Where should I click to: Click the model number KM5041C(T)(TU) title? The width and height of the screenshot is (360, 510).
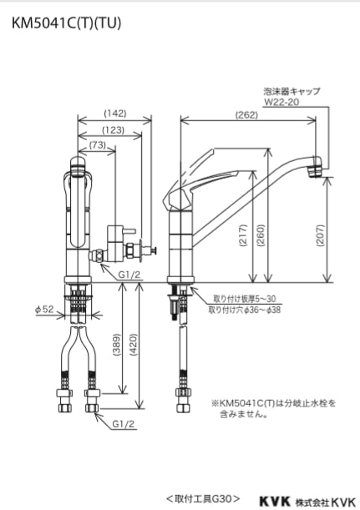[67, 23]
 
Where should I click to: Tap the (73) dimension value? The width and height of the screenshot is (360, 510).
[97, 146]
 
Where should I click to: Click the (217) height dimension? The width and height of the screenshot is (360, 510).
[241, 239]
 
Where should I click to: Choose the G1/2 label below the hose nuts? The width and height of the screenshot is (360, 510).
[122, 423]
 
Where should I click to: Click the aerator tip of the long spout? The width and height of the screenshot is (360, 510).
[317, 168]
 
